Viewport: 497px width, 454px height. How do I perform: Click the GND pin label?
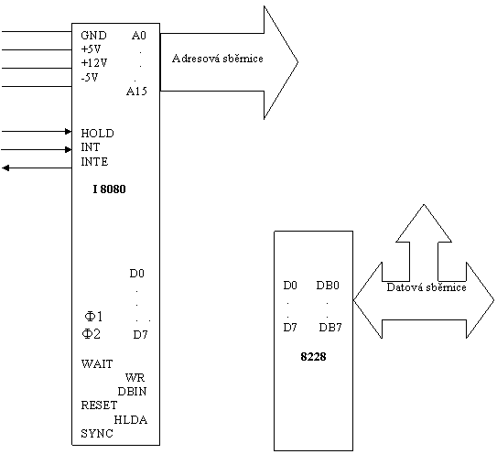click(94, 35)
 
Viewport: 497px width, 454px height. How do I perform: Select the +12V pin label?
click(94, 63)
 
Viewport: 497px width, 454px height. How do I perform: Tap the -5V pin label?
click(90, 77)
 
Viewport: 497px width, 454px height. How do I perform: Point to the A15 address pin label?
click(136, 92)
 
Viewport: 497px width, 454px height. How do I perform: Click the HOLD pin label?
click(97, 133)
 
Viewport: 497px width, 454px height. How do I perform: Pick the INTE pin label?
click(94, 162)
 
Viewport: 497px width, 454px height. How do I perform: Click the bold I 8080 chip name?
click(109, 189)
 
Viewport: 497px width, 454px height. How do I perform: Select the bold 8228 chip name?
click(313, 357)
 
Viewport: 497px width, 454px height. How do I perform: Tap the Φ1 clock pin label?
click(94, 317)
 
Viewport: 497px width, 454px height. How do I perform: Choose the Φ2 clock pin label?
click(92, 333)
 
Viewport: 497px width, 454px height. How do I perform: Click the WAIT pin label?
click(97, 363)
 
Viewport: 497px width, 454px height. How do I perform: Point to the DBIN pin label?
click(132, 392)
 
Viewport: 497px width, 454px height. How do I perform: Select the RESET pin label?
click(99, 405)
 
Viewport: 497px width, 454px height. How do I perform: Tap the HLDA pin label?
click(131, 420)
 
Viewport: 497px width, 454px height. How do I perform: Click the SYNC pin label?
click(97, 433)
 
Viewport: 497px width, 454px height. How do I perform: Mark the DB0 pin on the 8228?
click(328, 286)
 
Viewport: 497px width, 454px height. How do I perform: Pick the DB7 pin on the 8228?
click(330, 327)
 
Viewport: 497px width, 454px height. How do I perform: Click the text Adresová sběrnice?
click(218, 59)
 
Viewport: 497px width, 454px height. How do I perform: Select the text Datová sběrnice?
click(427, 287)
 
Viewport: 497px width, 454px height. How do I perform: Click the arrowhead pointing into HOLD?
click(68, 131)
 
